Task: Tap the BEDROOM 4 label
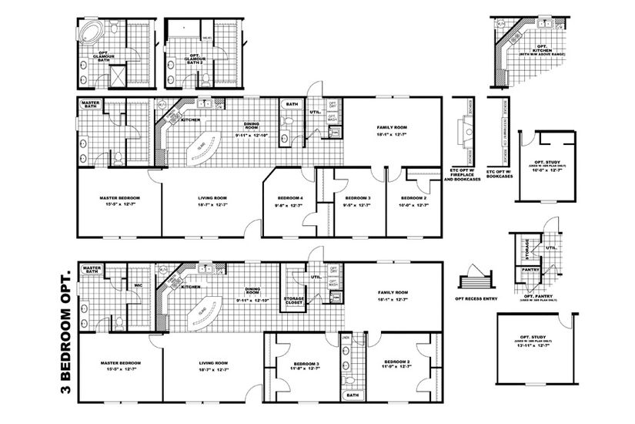290,199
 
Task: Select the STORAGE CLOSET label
294,300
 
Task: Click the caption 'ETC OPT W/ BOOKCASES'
500,173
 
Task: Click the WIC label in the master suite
139,284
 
